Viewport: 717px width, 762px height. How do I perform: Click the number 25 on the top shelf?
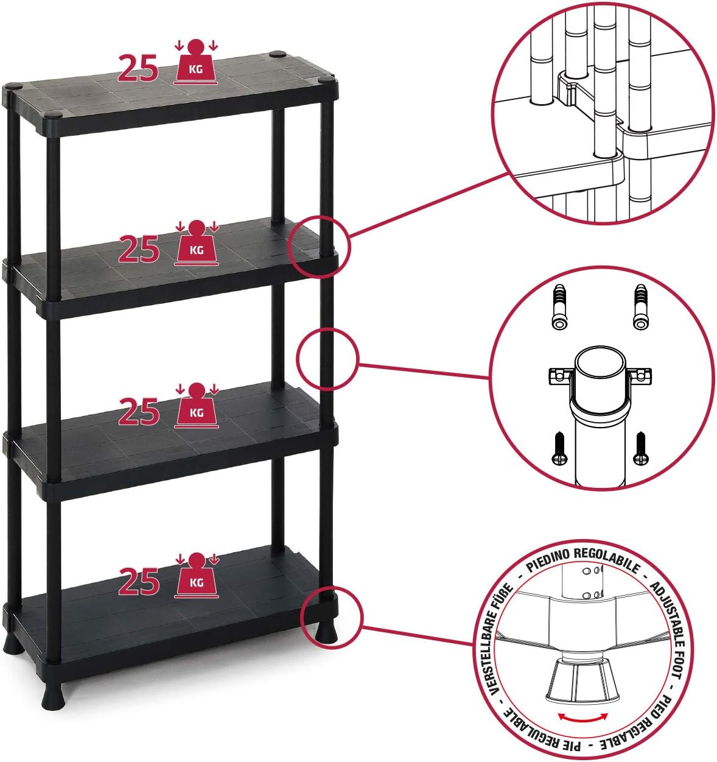pyautogui.click(x=138, y=68)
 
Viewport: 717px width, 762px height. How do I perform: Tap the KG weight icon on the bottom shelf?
pyautogui.click(x=197, y=576)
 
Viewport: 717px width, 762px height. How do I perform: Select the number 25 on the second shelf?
pyautogui.click(x=139, y=249)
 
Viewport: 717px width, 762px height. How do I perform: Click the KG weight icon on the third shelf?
pyautogui.click(x=197, y=406)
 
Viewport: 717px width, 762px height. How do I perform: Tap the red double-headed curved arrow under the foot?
pyautogui.click(x=583, y=717)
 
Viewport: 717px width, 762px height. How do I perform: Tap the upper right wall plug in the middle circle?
pyautogui.click(x=640, y=306)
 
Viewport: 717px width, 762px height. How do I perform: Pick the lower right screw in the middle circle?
pyautogui.click(x=640, y=448)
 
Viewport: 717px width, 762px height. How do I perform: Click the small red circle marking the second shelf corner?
pyautogui.click(x=319, y=246)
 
